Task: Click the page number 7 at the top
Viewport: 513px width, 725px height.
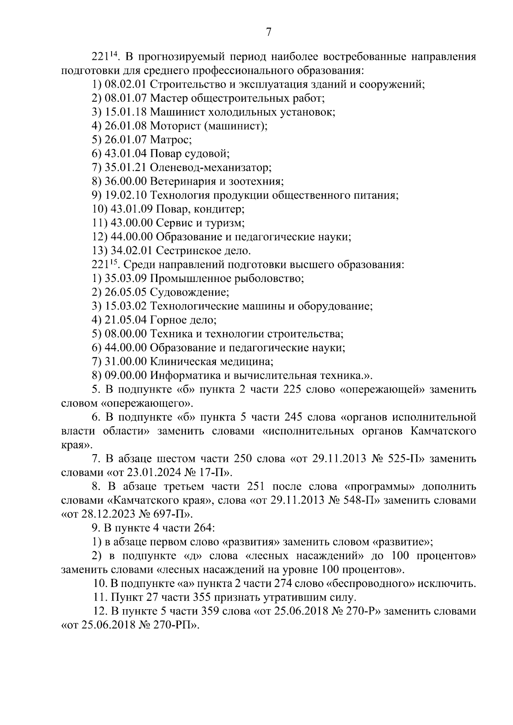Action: tap(268, 32)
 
